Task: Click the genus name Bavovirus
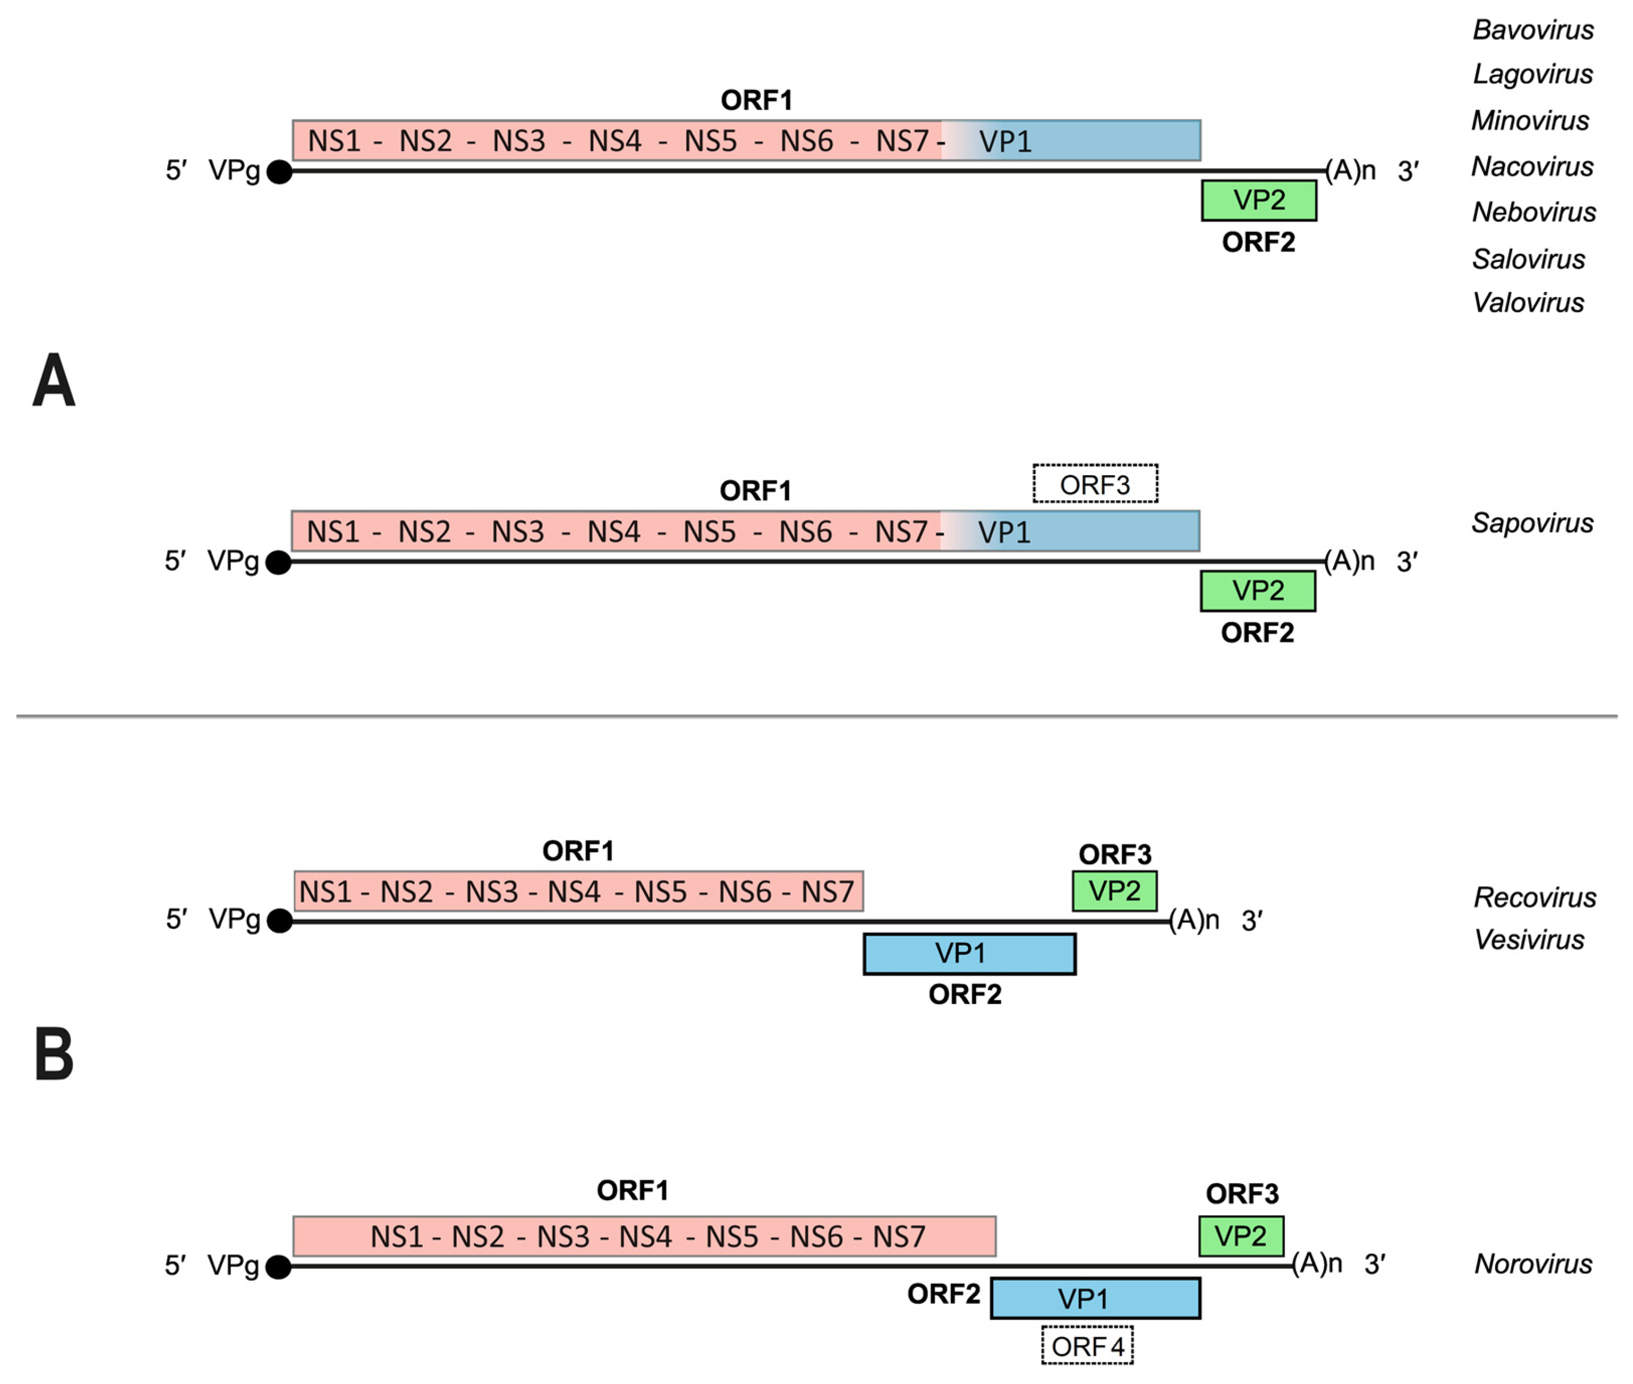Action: (1533, 30)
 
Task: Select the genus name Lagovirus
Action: (1533, 74)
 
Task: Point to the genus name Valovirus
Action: (1528, 303)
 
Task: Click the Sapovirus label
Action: (1532, 523)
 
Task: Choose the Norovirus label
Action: (1533, 1264)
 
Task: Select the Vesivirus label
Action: (1529, 939)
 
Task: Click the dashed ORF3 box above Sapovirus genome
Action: (1095, 484)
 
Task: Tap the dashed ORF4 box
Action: (1087, 1347)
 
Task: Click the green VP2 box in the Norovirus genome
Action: (1241, 1237)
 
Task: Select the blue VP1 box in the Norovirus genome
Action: (1095, 1299)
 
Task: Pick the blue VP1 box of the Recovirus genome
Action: (969, 953)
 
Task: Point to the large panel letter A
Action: (53, 380)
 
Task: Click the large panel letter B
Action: (53, 1054)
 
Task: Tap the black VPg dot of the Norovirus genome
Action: (278, 1266)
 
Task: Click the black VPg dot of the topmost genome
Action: (280, 172)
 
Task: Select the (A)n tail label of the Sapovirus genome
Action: (1350, 561)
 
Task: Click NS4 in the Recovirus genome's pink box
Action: (573, 892)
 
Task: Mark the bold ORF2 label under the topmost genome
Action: (1258, 243)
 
